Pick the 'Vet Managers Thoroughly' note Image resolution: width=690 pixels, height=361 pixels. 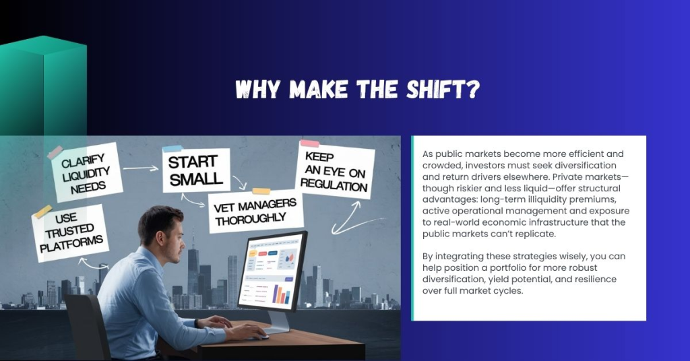(256, 211)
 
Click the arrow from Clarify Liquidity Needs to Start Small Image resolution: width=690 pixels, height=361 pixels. (141, 167)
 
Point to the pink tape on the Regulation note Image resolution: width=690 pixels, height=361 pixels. (309, 143)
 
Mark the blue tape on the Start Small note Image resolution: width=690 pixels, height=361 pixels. (172, 147)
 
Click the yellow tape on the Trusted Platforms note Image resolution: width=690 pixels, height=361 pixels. (43, 211)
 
